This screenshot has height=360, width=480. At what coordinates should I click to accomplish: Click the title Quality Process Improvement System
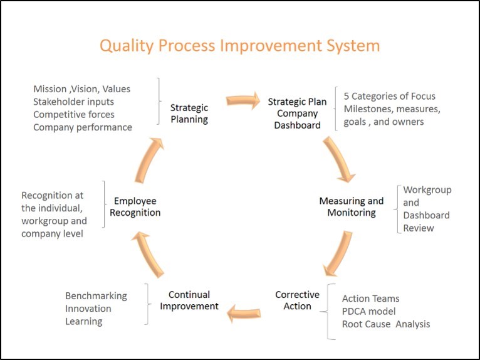coord(240,46)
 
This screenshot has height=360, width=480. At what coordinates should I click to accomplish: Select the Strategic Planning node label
coord(189,114)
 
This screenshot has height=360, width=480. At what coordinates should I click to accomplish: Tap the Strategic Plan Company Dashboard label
coord(297,114)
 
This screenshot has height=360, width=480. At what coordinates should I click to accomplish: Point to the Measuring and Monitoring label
coord(352,206)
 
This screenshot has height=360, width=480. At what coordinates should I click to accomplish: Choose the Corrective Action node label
coord(297,300)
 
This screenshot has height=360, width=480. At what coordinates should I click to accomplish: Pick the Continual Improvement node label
coord(189,300)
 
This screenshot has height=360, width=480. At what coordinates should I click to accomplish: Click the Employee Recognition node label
coord(135,206)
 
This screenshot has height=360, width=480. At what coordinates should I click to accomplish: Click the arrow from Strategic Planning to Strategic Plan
coord(243,100)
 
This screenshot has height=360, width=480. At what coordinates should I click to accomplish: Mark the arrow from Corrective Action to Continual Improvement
coord(244,314)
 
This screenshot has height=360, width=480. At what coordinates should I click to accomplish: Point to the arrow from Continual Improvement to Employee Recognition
coord(148,254)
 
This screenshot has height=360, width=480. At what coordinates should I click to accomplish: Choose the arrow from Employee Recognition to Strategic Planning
coord(148,160)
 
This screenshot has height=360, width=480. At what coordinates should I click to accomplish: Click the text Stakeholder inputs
coord(73,102)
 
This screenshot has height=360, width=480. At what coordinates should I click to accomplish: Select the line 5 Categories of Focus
coord(389,96)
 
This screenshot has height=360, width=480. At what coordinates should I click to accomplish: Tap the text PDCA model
coord(369,311)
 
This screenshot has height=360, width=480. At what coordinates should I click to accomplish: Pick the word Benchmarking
coord(96,296)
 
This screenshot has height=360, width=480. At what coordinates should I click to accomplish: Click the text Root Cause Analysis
coord(386,324)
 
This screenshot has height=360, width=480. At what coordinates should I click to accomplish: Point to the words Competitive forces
coord(74,115)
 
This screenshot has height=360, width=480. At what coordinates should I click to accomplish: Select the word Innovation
coord(88,309)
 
